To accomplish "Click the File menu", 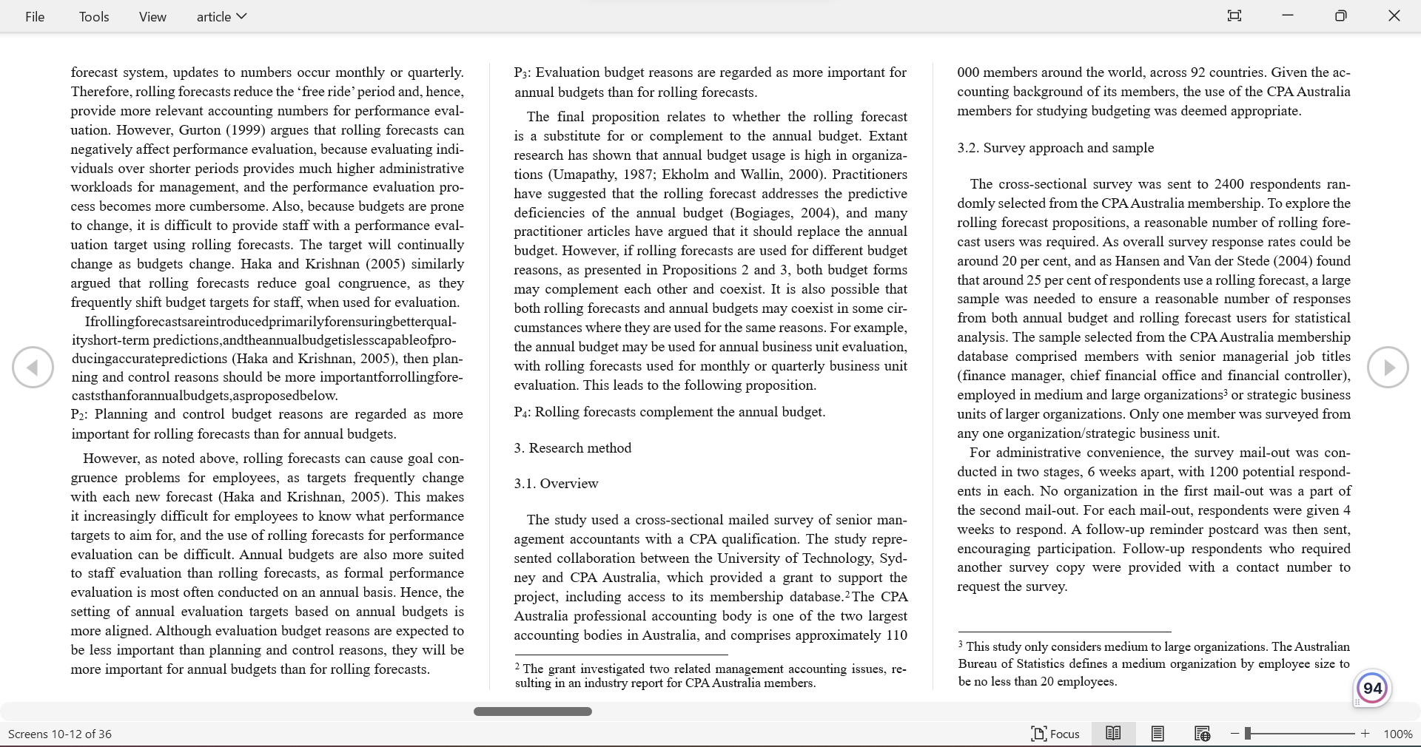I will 35,16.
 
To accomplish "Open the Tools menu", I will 94,16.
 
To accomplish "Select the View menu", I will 152,16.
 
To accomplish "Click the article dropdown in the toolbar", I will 221,16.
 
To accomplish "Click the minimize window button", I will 1288,16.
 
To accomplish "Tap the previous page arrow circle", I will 33,367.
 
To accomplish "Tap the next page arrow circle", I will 1388,367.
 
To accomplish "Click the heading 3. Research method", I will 573,448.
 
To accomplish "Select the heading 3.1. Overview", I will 556,484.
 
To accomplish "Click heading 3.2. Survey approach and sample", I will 1055,148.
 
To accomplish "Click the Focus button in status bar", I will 1055,734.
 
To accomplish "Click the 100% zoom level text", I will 1397,734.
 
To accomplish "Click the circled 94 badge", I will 1372,688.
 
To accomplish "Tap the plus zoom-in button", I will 1365,734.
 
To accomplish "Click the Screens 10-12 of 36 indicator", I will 60,734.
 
